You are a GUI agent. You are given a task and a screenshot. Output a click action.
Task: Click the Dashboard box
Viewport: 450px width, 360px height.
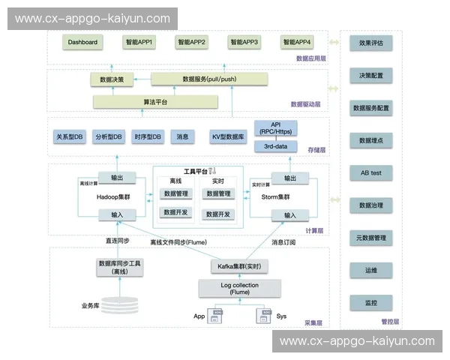tap(82, 43)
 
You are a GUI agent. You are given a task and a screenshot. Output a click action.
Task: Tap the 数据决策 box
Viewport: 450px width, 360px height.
tap(112, 79)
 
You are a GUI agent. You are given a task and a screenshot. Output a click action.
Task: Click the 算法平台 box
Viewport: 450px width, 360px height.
tap(155, 101)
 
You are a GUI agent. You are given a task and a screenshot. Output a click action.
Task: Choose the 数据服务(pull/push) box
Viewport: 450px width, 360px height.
tap(209, 79)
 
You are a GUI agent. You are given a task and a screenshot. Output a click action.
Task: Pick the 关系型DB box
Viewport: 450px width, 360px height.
tap(70, 137)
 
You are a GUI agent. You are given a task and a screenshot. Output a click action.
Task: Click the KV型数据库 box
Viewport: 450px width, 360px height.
tap(229, 137)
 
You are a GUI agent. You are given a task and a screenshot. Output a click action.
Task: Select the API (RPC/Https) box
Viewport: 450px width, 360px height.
tap(277, 128)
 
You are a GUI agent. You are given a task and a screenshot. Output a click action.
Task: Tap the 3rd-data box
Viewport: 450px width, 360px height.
tap(277, 146)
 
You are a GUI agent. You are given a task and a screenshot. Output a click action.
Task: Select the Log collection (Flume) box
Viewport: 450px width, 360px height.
tap(240, 289)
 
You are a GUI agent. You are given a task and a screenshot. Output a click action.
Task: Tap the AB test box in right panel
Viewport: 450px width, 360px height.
tap(371, 172)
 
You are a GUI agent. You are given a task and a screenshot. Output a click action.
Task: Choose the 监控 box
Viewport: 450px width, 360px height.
tap(371, 303)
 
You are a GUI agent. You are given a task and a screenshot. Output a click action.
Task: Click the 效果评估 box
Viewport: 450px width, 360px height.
tap(371, 43)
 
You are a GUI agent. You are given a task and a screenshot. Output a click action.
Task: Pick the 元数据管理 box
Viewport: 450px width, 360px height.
tap(371, 238)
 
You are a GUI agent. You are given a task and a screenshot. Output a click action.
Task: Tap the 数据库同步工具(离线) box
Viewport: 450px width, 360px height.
tap(120, 268)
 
